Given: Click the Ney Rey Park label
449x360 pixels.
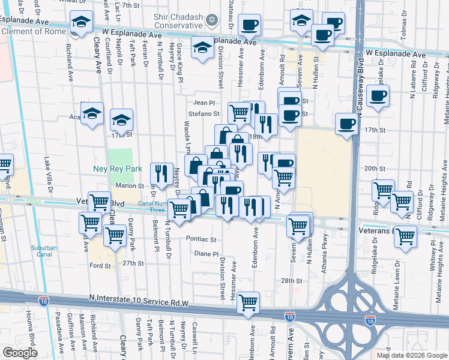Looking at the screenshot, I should (x=118, y=169).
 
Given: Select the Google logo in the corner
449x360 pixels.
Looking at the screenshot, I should (x=20, y=353).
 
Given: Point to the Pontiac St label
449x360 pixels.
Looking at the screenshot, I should (x=201, y=239).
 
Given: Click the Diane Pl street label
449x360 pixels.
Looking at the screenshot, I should (x=206, y=254).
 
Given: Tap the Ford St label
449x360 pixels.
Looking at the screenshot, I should (x=100, y=266).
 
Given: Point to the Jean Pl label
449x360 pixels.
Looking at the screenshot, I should (x=203, y=103).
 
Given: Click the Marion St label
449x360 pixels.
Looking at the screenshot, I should (x=129, y=186).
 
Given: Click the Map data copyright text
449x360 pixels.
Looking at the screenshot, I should (x=411, y=355).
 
